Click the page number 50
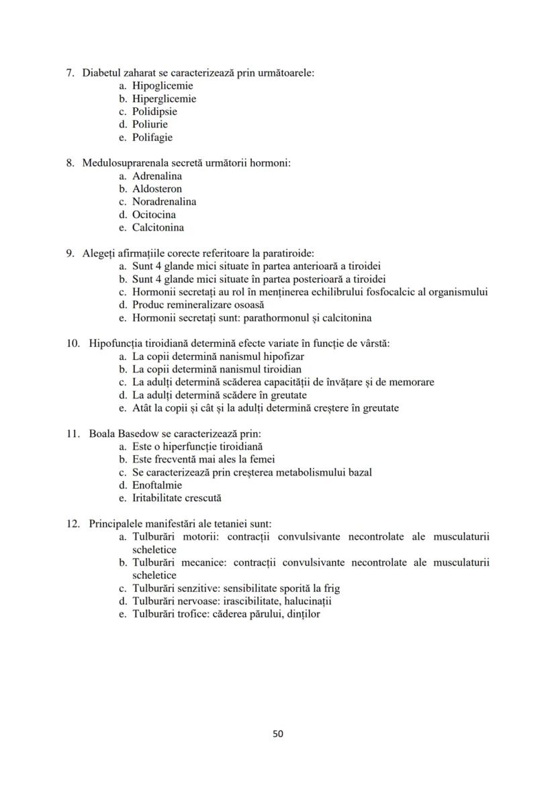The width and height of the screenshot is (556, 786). point(278,734)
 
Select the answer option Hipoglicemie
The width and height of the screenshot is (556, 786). point(162,86)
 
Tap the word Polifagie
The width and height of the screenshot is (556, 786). point(152,138)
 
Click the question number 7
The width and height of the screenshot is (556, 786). point(70,72)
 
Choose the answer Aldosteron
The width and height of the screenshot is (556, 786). point(156,189)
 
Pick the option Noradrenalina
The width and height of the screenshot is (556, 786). point(164,202)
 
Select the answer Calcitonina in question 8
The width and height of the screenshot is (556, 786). point(158,228)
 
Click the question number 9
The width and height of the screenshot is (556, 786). point(70,253)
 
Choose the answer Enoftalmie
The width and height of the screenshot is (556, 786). point(157,485)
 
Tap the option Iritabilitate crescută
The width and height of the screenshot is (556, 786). point(177,498)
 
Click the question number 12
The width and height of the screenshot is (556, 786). point(73,524)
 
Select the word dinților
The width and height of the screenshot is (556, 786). point(303,614)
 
